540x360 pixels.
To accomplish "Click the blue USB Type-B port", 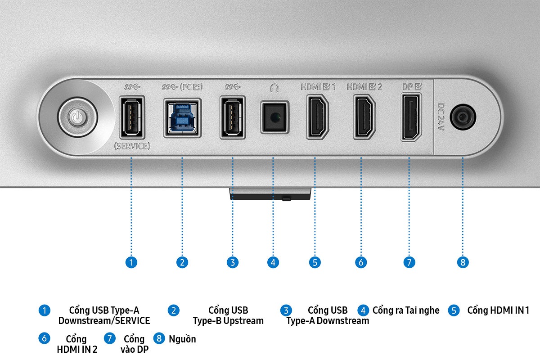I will coord(182,117).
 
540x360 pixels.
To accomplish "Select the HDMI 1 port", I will coord(317,117).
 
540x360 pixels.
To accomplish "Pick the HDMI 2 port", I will coord(364,117).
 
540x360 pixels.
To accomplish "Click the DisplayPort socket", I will coord(411,117).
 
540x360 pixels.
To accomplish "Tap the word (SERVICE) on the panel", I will coord(132,146).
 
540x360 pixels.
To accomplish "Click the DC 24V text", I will coord(441,117).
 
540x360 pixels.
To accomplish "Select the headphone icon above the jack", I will coord(274,87).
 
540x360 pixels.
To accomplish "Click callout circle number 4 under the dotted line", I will coord(273,262).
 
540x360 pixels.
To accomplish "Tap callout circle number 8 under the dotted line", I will coord(463,262).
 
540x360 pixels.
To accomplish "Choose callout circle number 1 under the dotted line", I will coord(131,262).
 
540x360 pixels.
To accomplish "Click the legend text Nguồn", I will coord(182,339).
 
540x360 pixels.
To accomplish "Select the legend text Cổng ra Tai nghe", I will coord(406,310).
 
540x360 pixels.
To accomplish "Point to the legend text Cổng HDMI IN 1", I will coord(498,310).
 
